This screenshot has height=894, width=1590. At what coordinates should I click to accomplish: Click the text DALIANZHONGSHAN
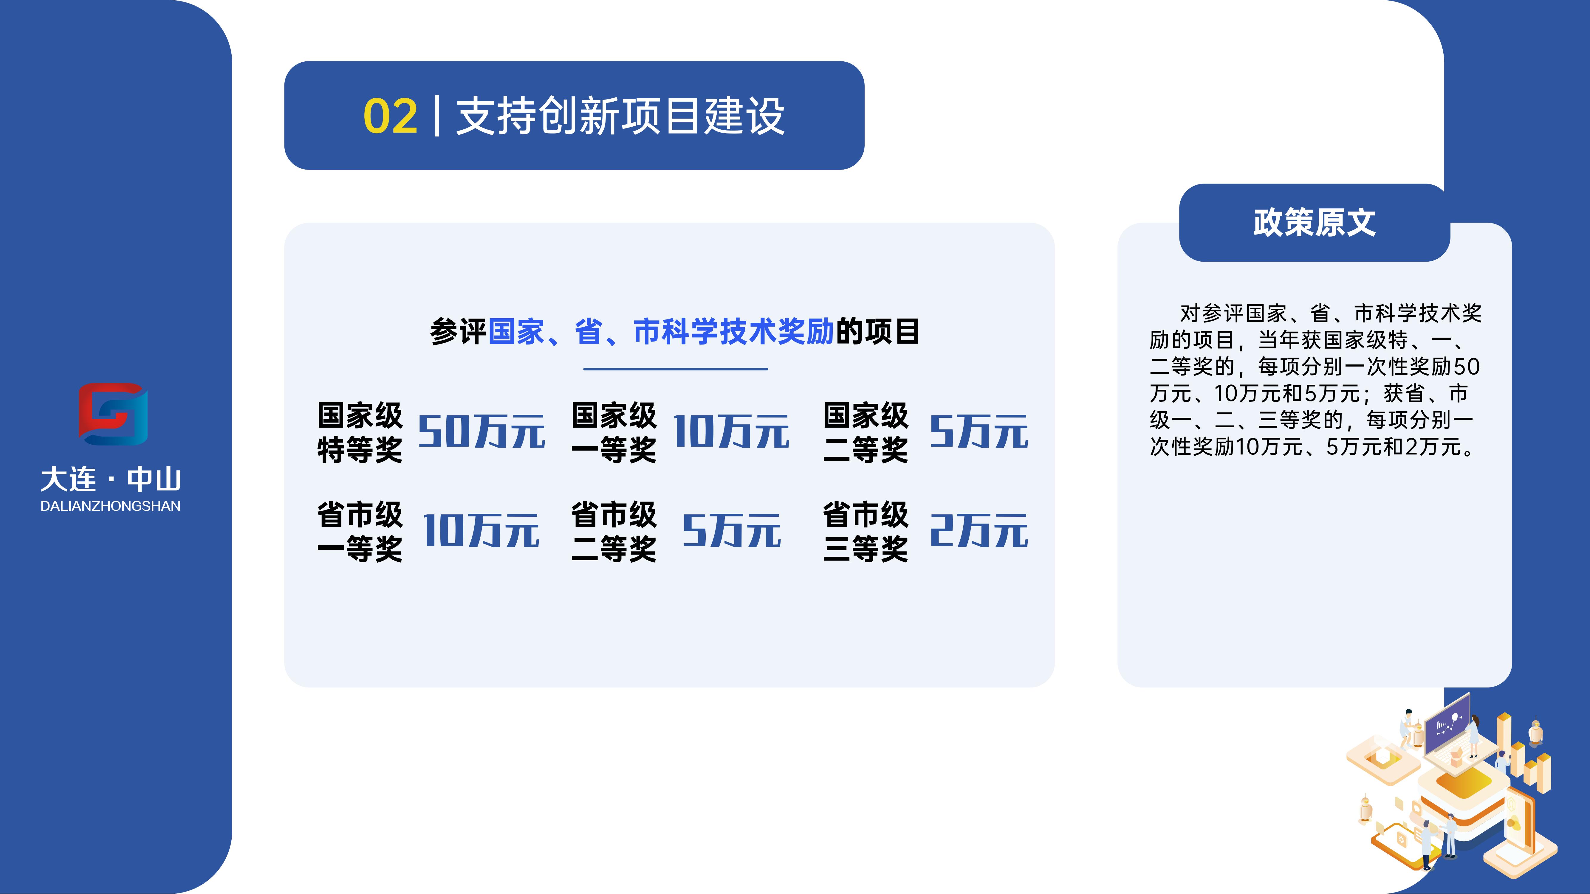[x=111, y=506]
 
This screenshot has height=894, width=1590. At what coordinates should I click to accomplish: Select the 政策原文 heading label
[x=1314, y=223]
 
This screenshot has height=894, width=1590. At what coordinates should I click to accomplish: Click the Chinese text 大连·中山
[x=111, y=479]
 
